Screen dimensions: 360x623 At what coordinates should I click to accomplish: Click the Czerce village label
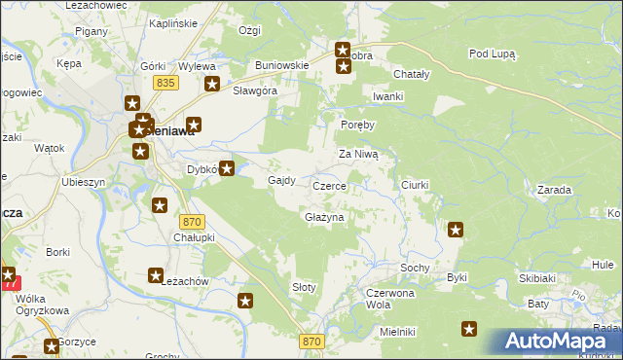click(x=329, y=185)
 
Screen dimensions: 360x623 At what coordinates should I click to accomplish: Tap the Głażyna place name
click(x=324, y=217)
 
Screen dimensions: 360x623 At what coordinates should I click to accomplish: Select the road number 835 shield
click(x=165, y=85)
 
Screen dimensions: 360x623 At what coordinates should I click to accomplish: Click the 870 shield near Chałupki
click(x=192, y=222)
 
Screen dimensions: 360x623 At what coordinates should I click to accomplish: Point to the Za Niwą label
click(x=364, y=154)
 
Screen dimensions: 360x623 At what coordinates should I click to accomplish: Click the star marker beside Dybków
click(x=227, y=169)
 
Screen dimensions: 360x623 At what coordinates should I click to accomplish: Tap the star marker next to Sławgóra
click(x=212, y=85)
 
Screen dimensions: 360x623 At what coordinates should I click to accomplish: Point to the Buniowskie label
click(x=282, y=65)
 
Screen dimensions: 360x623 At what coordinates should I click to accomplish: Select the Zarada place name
click(x=553, y=191)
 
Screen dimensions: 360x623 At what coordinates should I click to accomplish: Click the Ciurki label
click(x=415, y=184)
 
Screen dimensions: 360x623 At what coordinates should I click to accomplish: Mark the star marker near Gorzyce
click(x=51, y=346)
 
